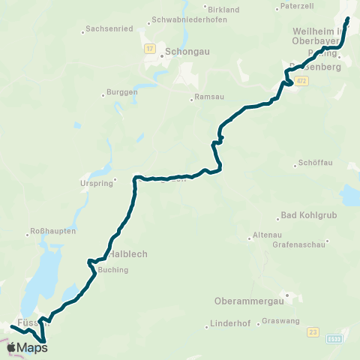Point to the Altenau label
tap(268, 235)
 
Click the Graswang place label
tap(281, 322)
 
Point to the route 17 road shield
tap(149, 48)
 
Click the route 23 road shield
tap(313, 330)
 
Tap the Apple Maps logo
tap(27, 347)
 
